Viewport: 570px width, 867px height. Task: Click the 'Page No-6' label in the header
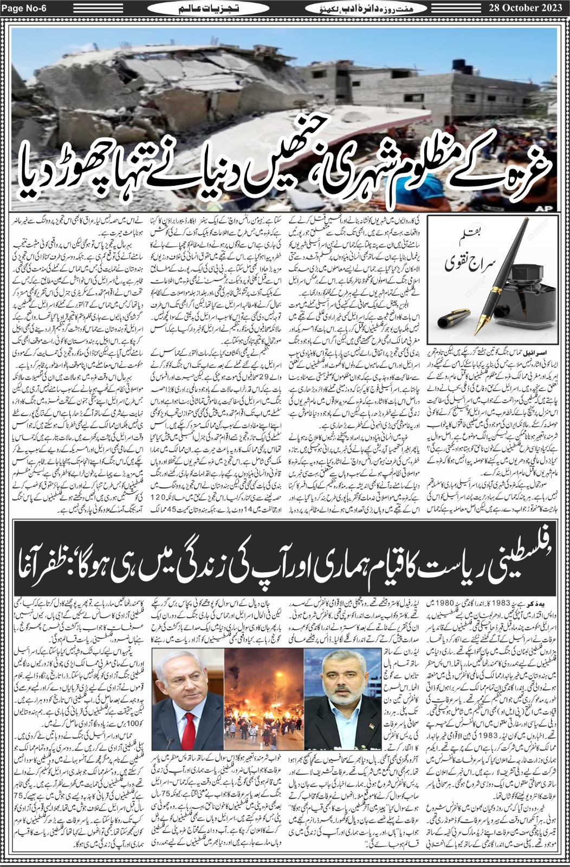pyautogui.click(x=23, y=8)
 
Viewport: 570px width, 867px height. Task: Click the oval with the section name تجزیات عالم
pyautogui.click(x=194, y=9)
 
